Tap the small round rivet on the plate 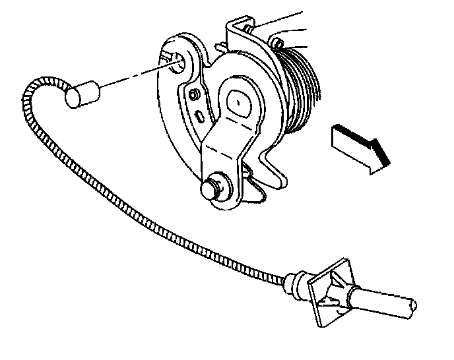tap(193, 95)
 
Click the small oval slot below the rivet tap(199, 116)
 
